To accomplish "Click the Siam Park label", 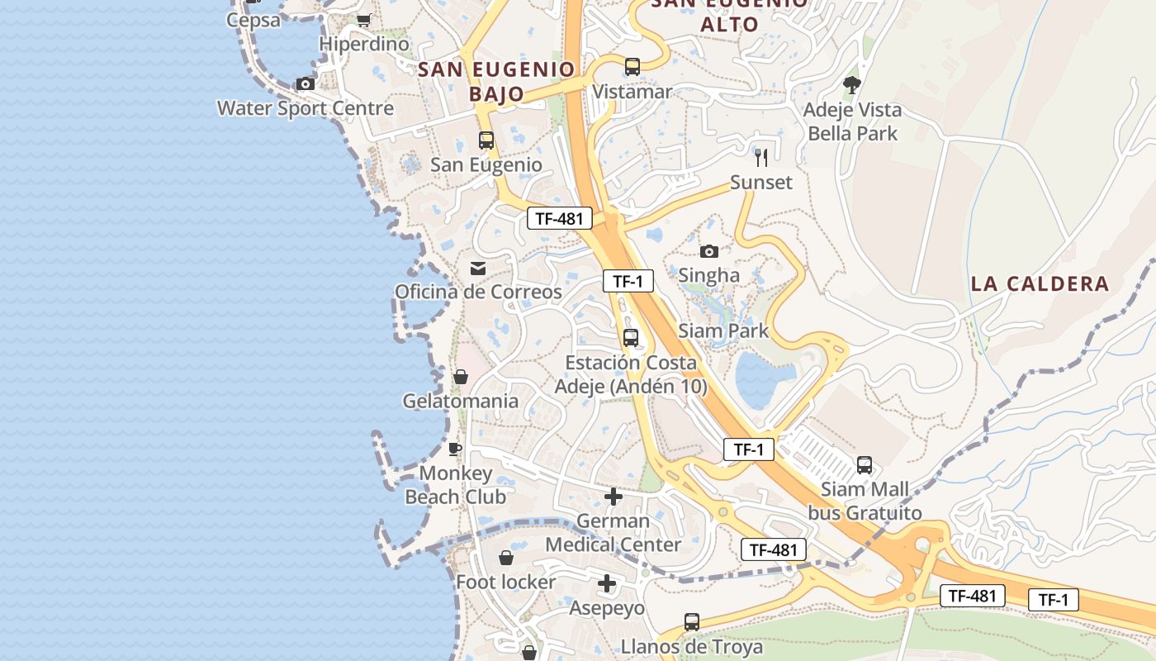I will [723, 331].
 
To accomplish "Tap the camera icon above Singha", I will [708, 251].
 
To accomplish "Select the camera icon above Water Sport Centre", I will [306, 83].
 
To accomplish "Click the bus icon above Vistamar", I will [632, 67].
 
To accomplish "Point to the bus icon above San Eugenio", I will [486, 140].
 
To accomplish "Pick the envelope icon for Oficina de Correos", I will [478, 268].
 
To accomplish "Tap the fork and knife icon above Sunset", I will [761, 157].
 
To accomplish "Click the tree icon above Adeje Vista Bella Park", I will [851, 84].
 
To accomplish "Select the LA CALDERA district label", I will [1040, 284].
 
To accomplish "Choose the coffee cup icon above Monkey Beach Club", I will [454, 449].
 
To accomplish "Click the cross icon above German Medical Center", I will [613, 497].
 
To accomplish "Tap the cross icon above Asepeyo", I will [607, 583].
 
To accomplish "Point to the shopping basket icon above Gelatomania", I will [461, 377].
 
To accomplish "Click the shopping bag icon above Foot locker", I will [506, 558].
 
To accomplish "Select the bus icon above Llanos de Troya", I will [692, 621].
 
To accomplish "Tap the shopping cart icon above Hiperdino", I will [363, 20].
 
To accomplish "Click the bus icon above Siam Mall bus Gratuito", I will [865, 464].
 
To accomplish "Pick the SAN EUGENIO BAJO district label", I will [497, 81].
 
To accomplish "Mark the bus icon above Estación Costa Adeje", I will [631, 337].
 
